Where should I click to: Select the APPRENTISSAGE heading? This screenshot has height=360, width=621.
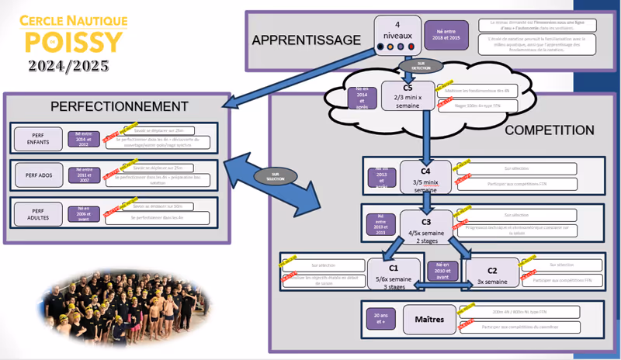(x=306, y=40)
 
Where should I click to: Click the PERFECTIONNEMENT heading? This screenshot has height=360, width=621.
(x=120, y=106)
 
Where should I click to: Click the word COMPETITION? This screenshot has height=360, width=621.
(x=549, y=130)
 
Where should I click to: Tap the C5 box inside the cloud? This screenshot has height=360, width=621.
(x=408, y=96)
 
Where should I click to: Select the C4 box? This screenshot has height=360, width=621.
(x=425, y=175)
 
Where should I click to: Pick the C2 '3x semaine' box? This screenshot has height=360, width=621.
(x=492, y=275)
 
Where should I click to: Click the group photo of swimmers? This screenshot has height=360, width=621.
(x=101, y=306)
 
